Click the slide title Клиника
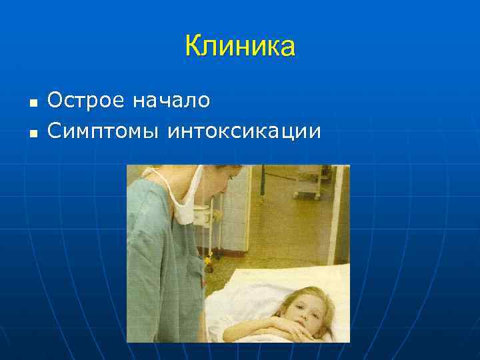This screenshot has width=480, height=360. pos(239,47)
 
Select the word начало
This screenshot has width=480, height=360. pos(171,101)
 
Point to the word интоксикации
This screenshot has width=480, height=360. pos(244,131)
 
